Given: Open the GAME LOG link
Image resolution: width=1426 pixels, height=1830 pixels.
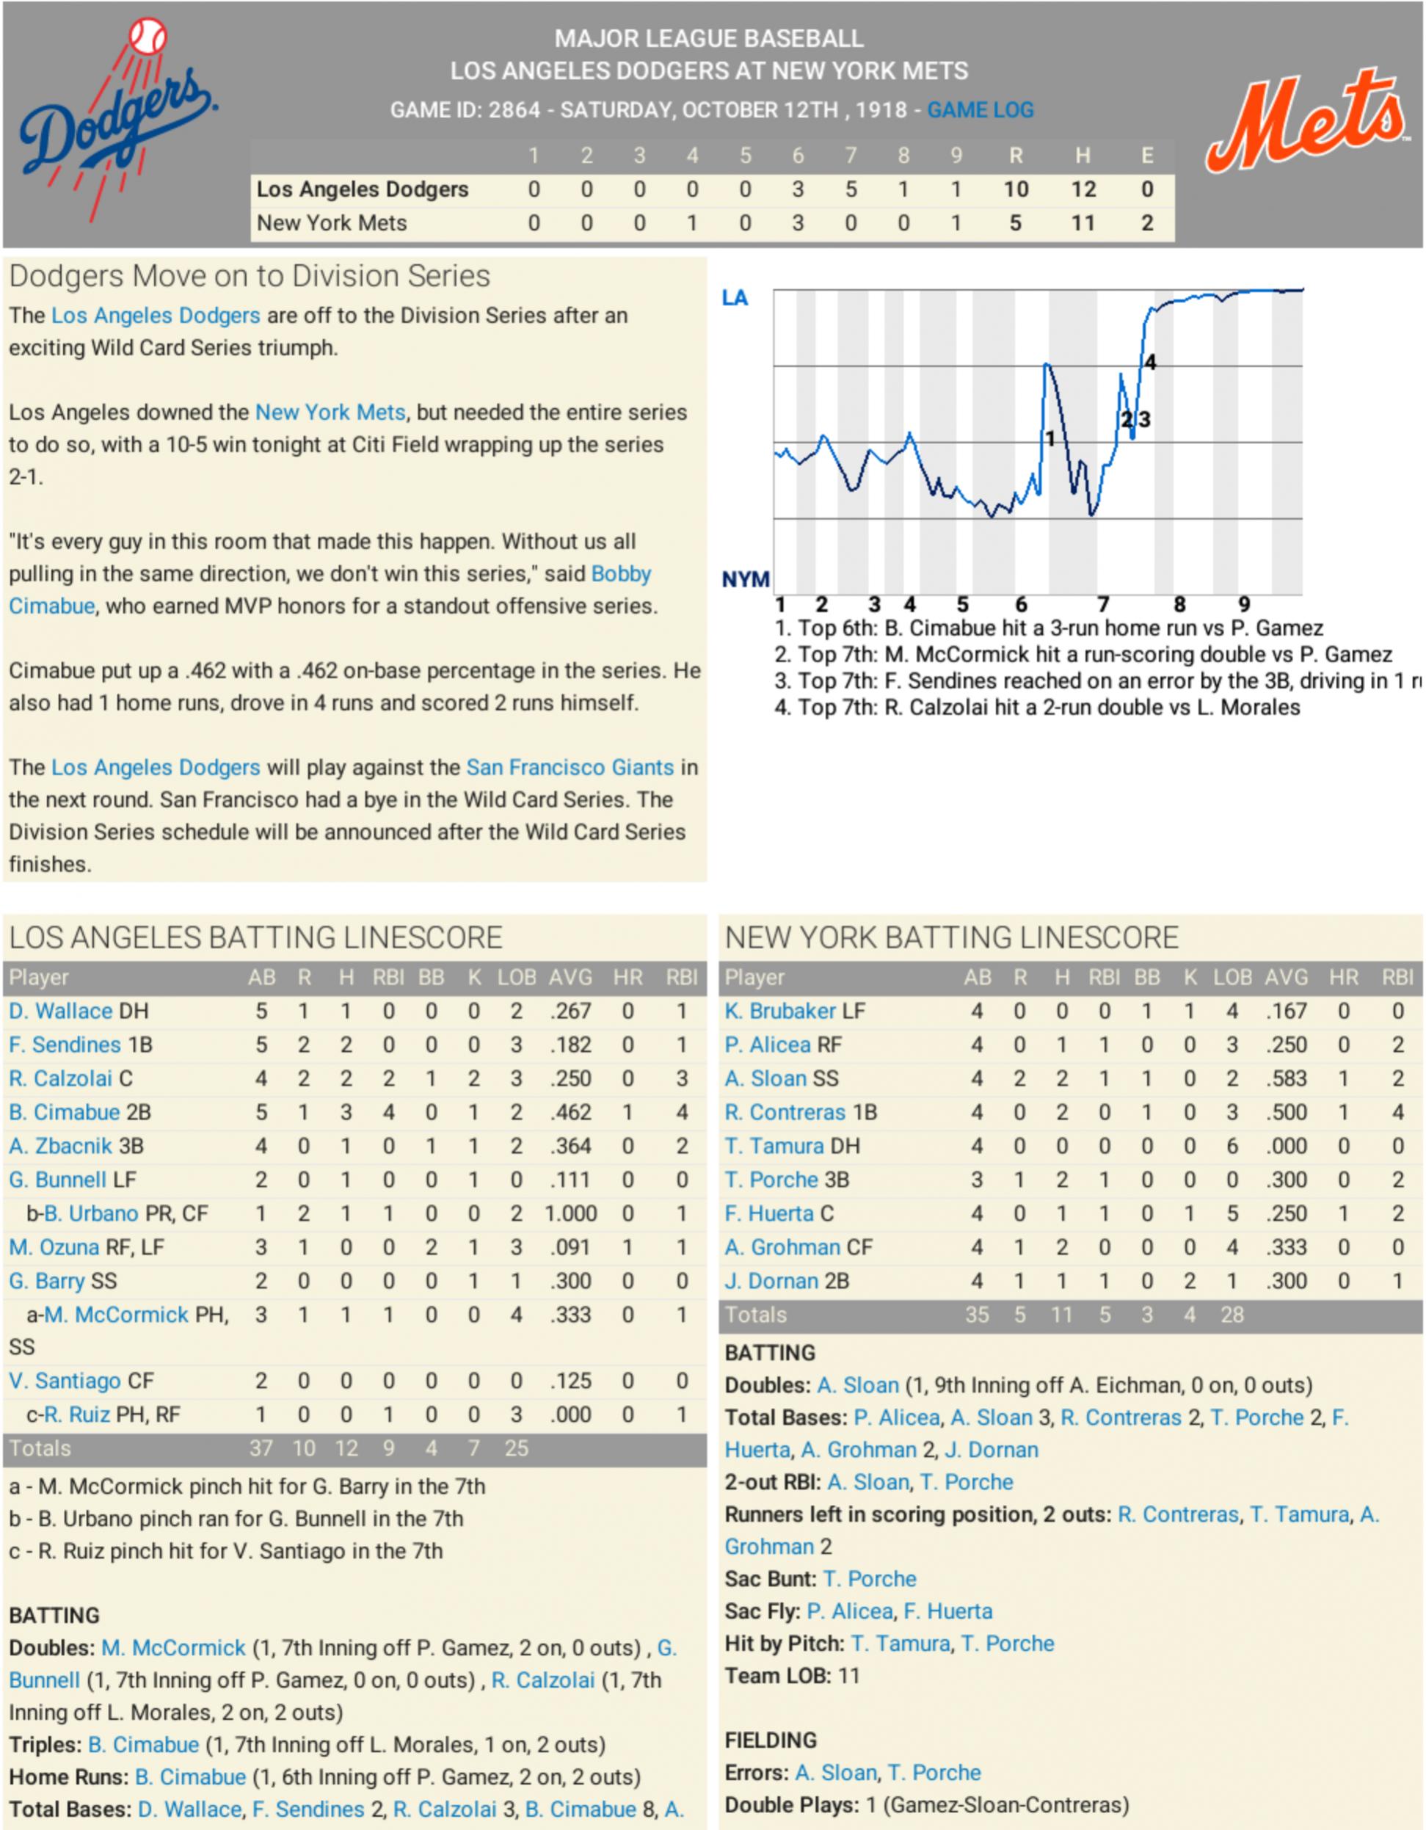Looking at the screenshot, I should tap(980, 110).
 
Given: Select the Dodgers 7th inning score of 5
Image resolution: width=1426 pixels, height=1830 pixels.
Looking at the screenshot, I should tap(851, 189).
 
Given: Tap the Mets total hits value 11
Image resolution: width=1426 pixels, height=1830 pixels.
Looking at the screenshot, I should tap(1083, 223).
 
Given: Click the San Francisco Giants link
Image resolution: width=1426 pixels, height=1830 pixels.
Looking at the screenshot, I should tap(570, 768).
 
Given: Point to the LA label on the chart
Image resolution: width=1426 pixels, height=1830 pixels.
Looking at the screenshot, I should tap(735, 298).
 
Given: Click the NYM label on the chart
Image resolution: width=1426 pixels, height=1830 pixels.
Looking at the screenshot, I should tap(745, 579).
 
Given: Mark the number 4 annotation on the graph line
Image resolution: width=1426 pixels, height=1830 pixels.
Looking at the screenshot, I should tap(1150, 362).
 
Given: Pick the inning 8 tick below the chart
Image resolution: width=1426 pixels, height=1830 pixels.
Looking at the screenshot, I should tap(1179, 604).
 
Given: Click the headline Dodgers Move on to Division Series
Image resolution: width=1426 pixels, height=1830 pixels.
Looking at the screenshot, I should tap(250, 277).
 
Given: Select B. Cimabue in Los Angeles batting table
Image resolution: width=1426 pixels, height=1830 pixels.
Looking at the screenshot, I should tap(65, 1112).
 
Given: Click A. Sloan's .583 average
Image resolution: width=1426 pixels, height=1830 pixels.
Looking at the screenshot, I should tap(1286, 1078).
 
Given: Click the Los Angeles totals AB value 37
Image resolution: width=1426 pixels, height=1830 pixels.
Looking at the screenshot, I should tap(261, 1448).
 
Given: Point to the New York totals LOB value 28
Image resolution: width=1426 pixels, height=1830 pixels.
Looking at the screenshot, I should tap(1232, 1314).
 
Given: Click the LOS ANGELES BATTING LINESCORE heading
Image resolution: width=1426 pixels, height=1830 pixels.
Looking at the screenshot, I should tap(255, 937).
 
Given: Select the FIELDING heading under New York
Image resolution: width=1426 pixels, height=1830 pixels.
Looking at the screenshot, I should tap(770, 1740).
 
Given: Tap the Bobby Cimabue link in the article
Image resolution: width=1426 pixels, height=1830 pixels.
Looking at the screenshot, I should tap(621, 574).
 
